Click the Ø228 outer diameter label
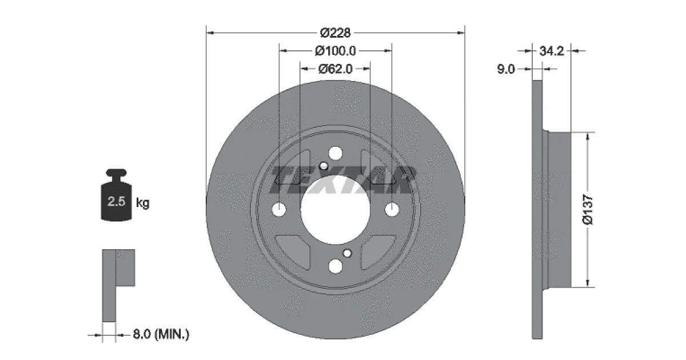coord(336,33)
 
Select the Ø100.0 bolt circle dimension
coord(336,51)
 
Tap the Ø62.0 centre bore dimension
coord(336,69)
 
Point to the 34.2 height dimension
coord(552,51)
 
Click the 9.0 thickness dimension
coord(506,69)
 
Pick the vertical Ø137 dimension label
coord(588,210)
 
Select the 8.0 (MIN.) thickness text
coord(161,334)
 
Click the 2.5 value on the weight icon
coord(117,201)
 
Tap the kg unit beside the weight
coord(143,203)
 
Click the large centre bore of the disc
coord(336,210)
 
